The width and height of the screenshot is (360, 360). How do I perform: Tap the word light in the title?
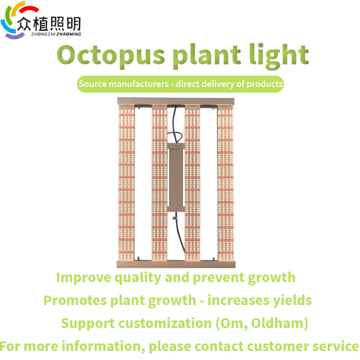pos(279,56)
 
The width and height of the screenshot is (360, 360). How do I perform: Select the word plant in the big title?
pos(207,56)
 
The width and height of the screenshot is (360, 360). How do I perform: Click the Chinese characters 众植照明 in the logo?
pos(49,24)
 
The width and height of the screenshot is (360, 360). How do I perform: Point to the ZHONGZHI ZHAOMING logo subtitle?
pos(56,34)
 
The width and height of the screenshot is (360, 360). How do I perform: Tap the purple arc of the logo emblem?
pos(15,36)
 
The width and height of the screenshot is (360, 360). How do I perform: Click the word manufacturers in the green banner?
pos(139,84)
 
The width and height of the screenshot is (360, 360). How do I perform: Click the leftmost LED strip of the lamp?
pos(126,183)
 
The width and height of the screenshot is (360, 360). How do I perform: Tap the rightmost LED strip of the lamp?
pos(225,183)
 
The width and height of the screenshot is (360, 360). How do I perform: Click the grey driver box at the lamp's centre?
pos(176,177)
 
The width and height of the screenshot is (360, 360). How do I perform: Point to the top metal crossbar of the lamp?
pos(176,101)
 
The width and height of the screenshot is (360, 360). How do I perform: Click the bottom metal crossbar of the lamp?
pos(176,264)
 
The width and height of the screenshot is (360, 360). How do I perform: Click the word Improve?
pos(84,278)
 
